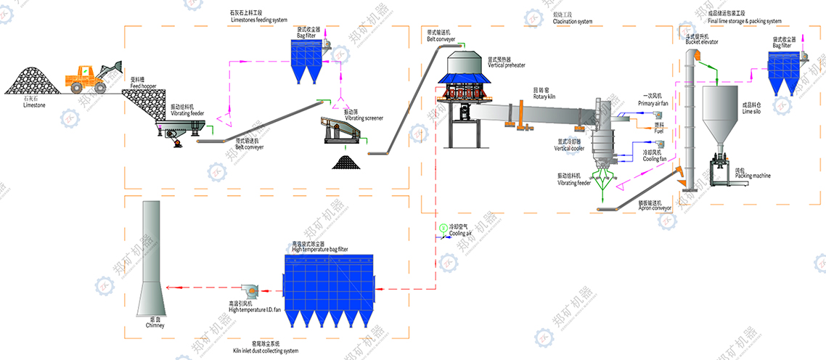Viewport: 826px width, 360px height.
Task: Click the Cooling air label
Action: pyautogui.click(x=460, y=233)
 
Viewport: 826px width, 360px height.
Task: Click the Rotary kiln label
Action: pyautogui.click(x=544, y=95)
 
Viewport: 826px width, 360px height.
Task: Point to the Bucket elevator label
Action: pyautogui.click(x=702, y=41)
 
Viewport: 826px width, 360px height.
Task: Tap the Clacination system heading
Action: pyautogui.click(x=572, y=21)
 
